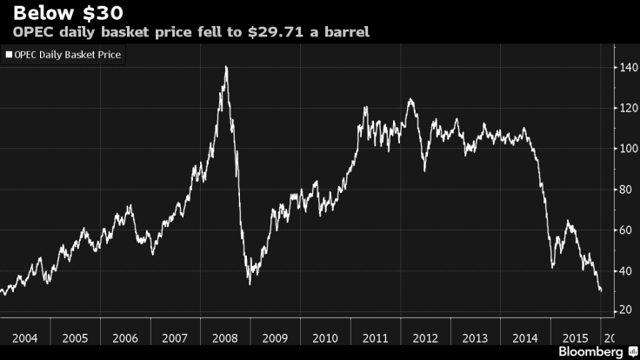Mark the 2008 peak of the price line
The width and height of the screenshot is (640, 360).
(x=226, y=67)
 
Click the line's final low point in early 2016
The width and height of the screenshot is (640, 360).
(x=601, y=290)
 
